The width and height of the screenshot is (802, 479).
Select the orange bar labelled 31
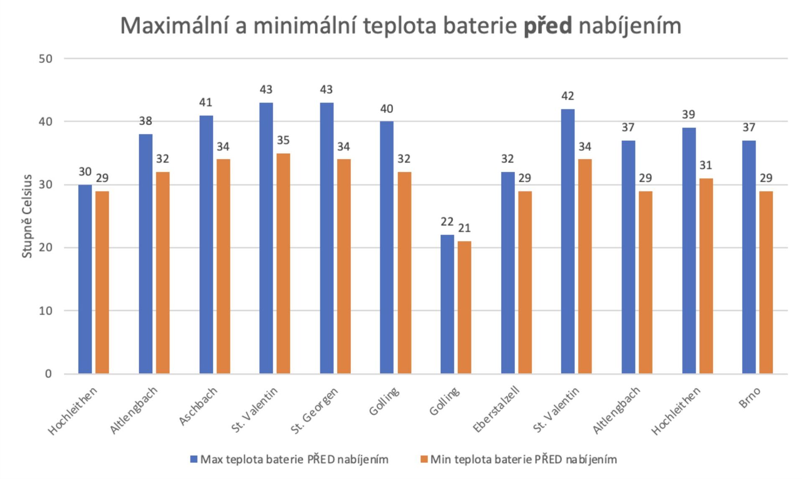click(x=706, y=276)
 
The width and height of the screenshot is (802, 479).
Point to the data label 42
click(x=568, y=96)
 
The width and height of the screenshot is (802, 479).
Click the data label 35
click(x=283, y=140)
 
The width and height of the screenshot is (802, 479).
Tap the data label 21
click(x=464, y=228)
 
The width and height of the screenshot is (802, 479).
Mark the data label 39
click(x=688, y=115)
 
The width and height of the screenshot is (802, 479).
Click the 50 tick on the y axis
click(x=46, y=59)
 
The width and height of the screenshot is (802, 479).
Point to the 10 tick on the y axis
click(x=46, y=311)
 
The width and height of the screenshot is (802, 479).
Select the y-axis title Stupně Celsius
click(x=27, y=216)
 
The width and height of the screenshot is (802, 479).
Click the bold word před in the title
click(x=548, y=26)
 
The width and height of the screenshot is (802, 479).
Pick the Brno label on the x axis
click(x=750, y=397)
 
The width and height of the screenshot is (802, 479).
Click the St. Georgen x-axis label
click(x=314, y=411)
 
